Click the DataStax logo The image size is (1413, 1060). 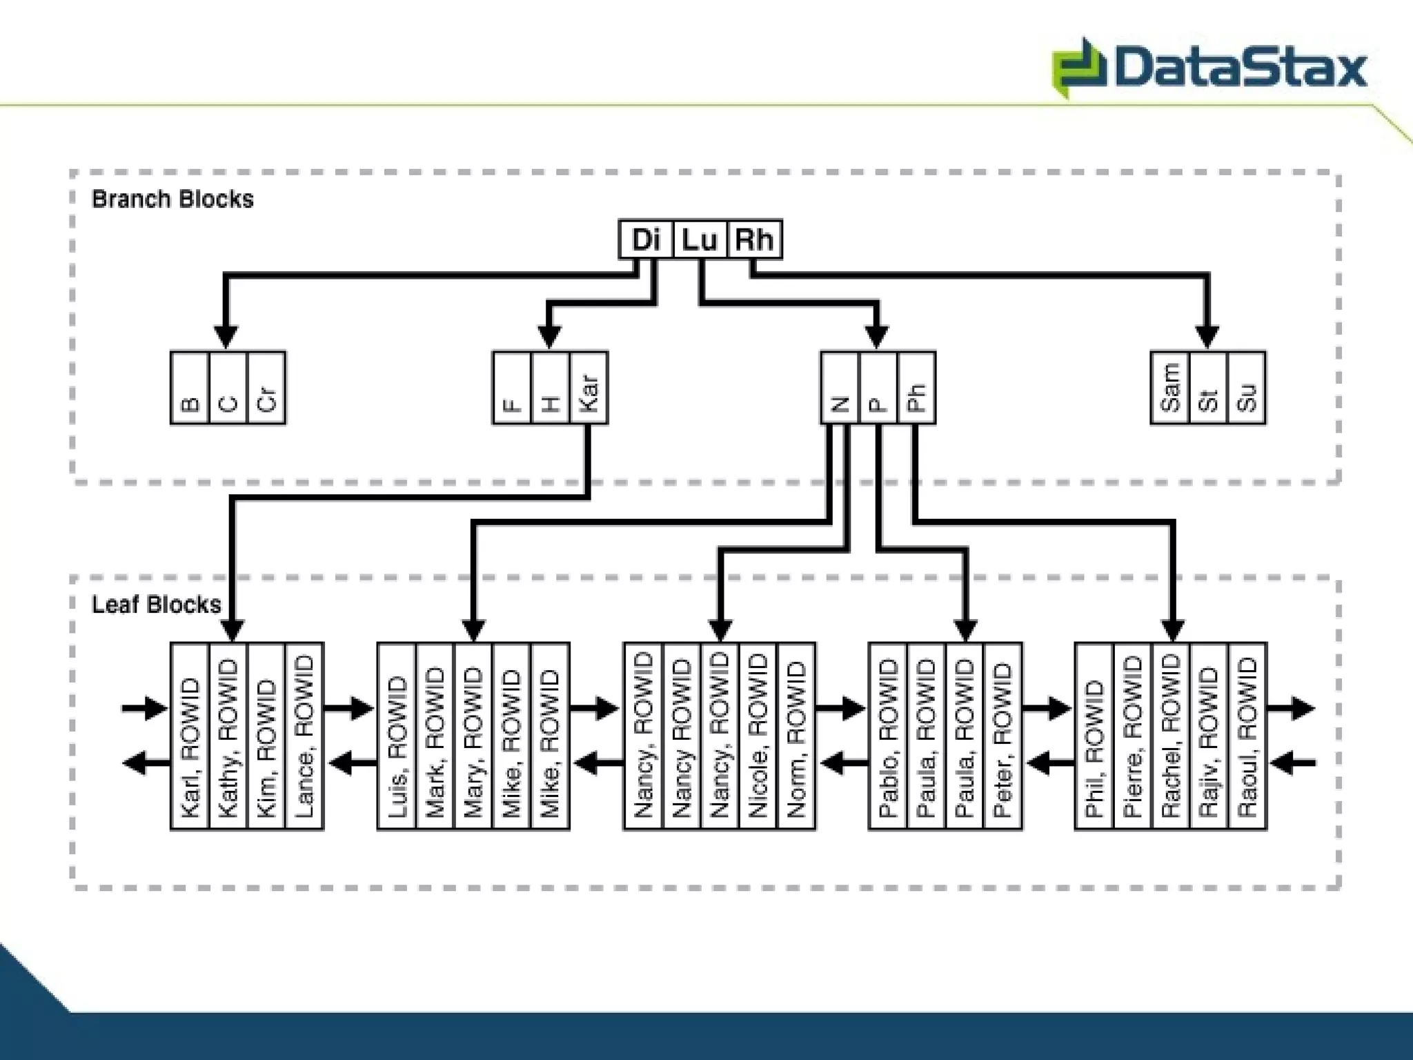(1209, 68)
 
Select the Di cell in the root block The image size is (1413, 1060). (646, 239)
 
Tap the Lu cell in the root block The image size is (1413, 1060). (700, 239)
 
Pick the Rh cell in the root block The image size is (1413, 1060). (754, 239)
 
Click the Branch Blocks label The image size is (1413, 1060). (172, 199)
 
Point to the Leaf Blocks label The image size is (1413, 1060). (157, 605)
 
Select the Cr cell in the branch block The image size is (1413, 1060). (266, 388)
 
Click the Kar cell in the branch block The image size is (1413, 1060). (589, 388)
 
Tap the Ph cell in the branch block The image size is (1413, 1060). (916, 388)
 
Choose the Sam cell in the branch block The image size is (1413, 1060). (1170, 388)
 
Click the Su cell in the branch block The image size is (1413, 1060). (1247, 388)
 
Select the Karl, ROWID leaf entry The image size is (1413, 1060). (190, 736)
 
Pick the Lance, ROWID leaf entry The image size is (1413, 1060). (304, 736)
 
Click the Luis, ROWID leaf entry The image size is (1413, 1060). (397, 736)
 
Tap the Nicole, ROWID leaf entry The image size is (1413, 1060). (758, 736)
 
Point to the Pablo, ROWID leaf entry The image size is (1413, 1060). (888, 736)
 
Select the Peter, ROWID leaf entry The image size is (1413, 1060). (1002, 736)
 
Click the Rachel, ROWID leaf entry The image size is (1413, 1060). (1171, 736)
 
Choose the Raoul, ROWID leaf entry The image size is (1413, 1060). (1247, 736)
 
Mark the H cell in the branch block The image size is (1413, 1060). (551, 388)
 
